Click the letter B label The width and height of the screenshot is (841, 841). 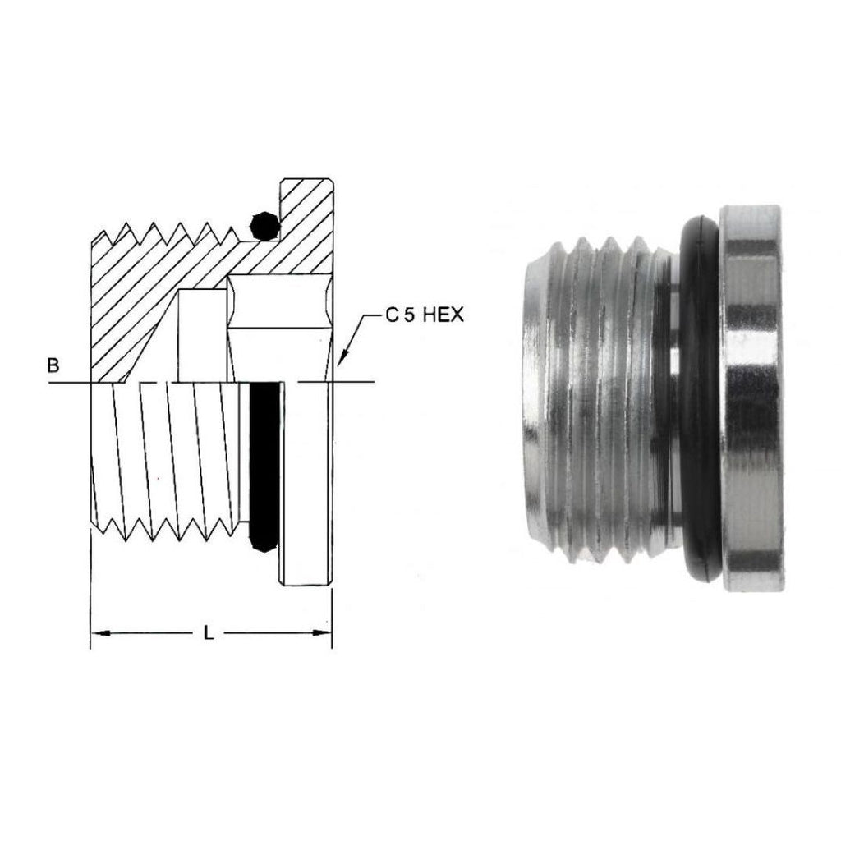click(53, 365)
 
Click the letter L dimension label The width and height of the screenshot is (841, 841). click(209, 633)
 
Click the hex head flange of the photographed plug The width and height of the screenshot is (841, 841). click(751, 402)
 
